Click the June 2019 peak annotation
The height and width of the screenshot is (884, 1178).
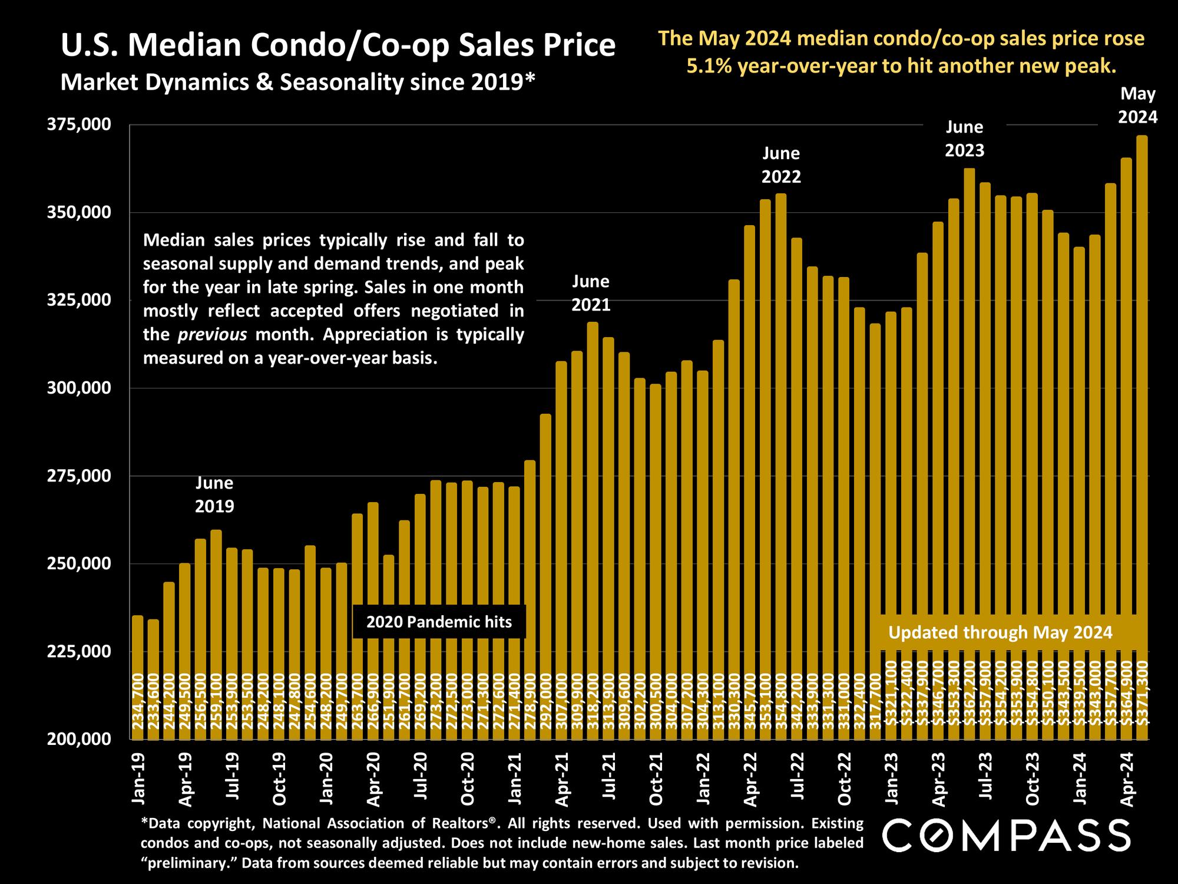click(x=214, y=494)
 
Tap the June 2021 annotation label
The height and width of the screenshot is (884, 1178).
click(x=591, y=293)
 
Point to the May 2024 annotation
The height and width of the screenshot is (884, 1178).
click(x=1138, y=105)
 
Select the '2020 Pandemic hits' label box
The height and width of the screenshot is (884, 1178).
click(x=439, y=622)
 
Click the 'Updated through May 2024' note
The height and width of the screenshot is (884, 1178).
click(x=1000, y=632)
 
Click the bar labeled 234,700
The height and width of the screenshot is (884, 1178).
click(x=138, y=678)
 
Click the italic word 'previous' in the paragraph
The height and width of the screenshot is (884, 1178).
click(x=212, y=335)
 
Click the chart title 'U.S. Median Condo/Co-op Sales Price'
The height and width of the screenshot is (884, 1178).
click(x=338, y=47)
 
